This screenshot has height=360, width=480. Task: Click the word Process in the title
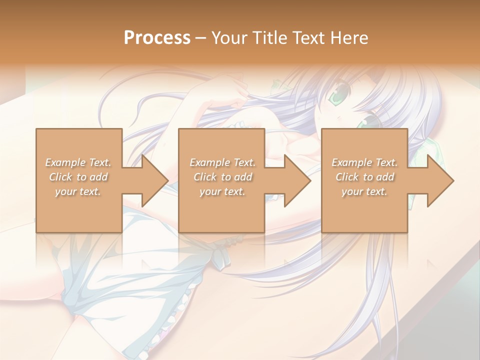coord(157,38)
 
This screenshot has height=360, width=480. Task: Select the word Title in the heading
coord(270,38)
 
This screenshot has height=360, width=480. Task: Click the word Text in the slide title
coord(308,38)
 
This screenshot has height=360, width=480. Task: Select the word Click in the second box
coord(204,177)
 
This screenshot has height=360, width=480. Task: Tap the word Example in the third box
coord(351,162)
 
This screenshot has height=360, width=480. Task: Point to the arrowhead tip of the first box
coord(168,180)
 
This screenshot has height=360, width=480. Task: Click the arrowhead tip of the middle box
coord(310,180)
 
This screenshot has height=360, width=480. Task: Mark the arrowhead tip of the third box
coord(453,180)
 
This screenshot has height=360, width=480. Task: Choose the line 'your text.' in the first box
coord(77,191)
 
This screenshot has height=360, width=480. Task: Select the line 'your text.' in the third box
coord(364,191)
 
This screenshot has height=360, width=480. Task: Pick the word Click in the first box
coord(60,177)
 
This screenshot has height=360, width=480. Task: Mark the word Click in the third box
coord(346,177)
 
